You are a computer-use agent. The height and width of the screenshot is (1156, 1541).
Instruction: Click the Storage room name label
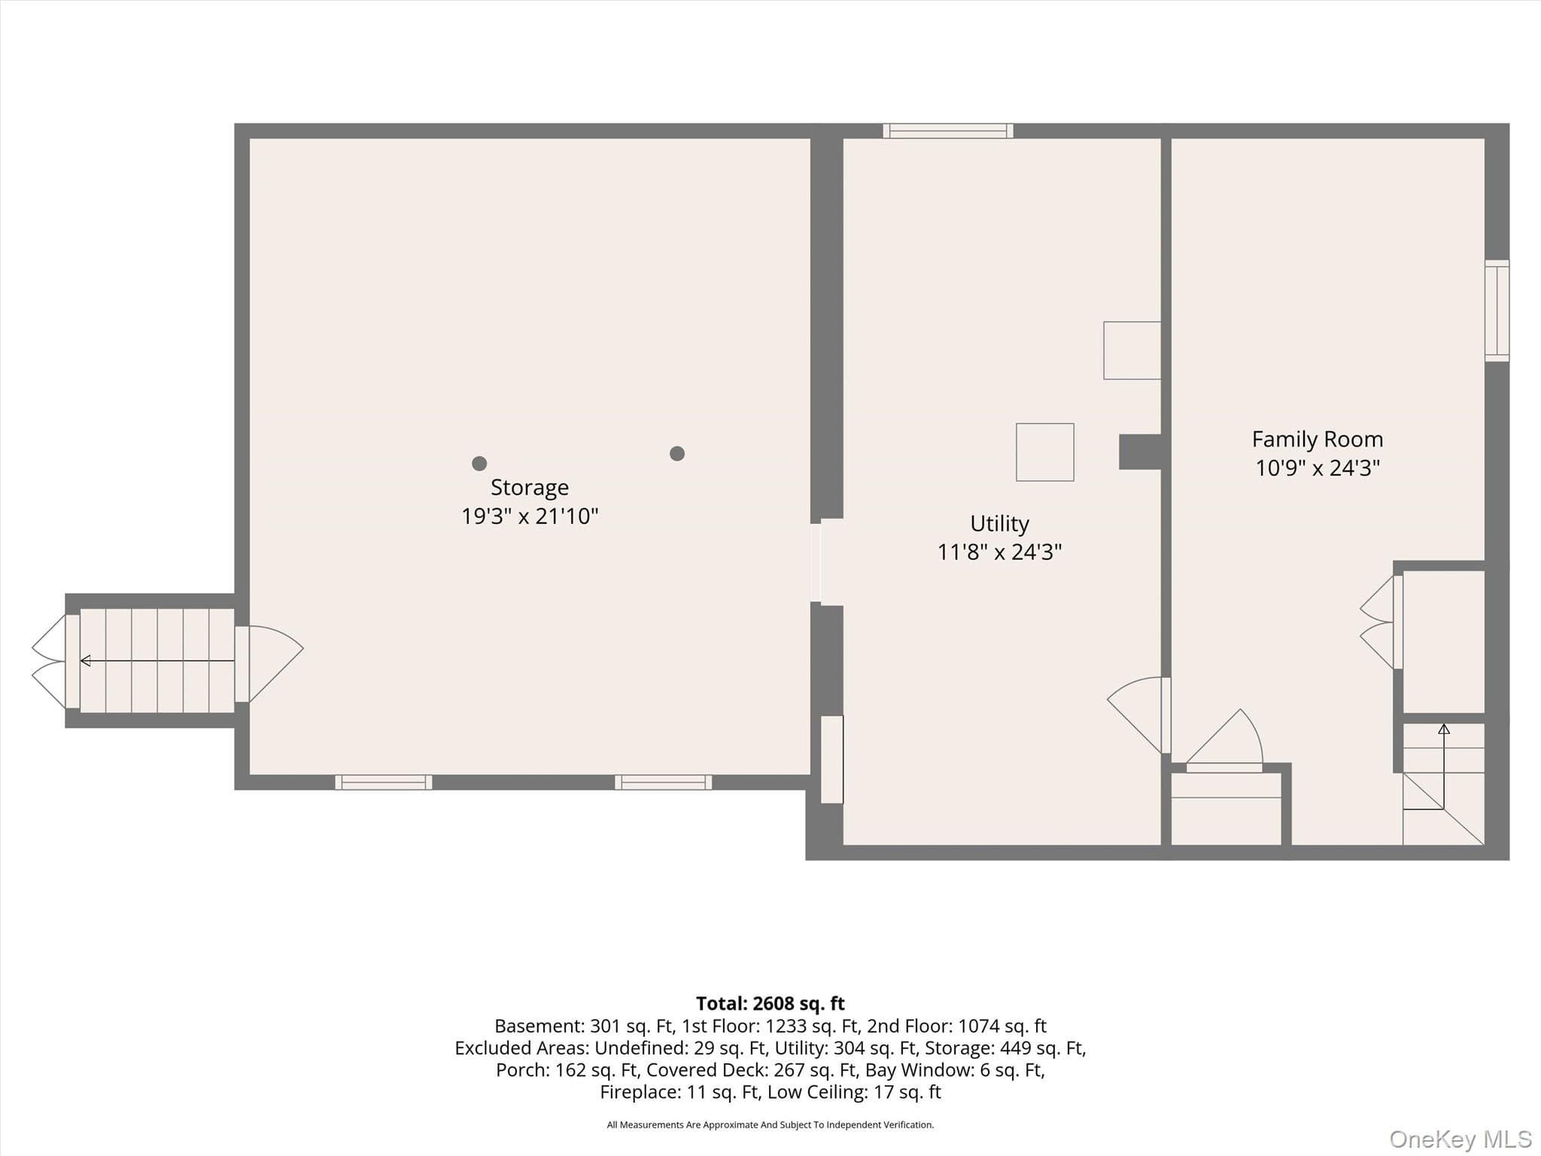530,488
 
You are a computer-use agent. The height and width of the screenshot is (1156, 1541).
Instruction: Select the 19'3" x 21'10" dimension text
530,516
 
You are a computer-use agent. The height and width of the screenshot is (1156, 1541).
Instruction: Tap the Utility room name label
999,524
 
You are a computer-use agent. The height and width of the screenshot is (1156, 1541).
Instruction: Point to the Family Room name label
1318,440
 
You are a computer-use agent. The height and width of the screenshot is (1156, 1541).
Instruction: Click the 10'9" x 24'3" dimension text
1318,468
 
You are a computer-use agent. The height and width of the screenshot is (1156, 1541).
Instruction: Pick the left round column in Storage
479,464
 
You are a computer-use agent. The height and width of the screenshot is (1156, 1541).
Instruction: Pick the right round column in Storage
677,453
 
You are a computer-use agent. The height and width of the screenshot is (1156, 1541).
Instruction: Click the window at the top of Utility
948,131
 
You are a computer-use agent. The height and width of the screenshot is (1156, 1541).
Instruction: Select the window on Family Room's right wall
1497,311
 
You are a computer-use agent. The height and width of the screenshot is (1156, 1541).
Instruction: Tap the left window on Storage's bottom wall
384,783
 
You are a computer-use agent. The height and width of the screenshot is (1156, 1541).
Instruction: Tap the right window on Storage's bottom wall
664,783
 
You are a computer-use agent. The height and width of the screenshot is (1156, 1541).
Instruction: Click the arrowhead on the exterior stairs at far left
85,661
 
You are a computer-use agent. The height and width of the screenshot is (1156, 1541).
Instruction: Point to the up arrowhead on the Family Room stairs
1444,729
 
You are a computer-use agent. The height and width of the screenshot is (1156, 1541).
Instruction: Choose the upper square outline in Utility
1132,351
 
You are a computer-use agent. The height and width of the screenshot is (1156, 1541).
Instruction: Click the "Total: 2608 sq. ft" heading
770,1004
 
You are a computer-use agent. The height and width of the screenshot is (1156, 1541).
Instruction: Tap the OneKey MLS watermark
1460,1139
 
